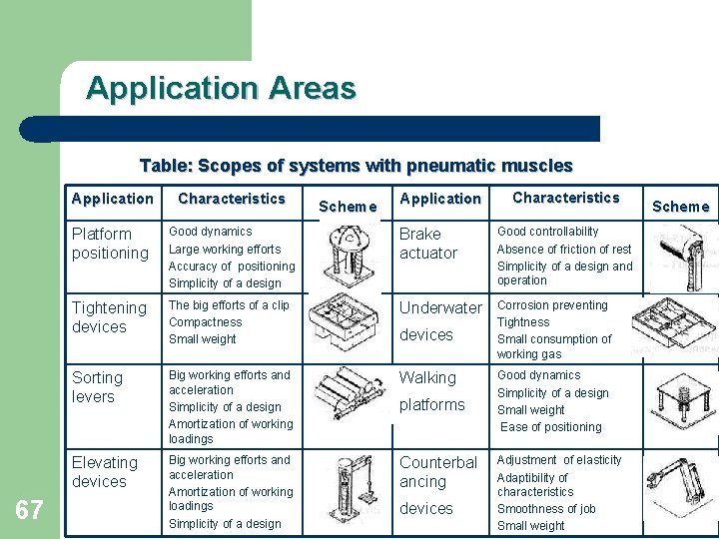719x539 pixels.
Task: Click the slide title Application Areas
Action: click(x=221, y=89)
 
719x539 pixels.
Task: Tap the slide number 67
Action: click(x=30, y=511)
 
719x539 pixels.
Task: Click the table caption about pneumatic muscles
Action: click(x=357, y=166)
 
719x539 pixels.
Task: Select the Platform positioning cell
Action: click(x=110, y=244)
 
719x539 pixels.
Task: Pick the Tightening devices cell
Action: click(x=109, y=317)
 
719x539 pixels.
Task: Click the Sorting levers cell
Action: click(x=97, y=387)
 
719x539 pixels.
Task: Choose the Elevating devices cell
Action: click(x=105, y=472)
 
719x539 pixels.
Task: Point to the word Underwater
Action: click(x=440, y=308)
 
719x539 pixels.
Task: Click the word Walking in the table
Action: click(x=427, y=378)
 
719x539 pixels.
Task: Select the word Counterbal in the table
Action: click(x=438, y=463)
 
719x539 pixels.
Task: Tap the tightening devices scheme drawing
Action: click(x=345, y=324)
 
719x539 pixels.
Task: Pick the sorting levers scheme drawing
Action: click(x=350, y=393)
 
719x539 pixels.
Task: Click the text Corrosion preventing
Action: click(x=552, y=305)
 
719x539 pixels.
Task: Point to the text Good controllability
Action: click(x=548, y=232)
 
